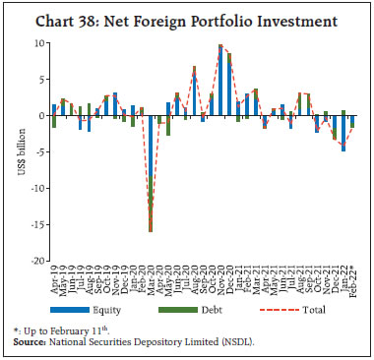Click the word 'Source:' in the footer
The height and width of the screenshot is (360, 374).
pos(32,339)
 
